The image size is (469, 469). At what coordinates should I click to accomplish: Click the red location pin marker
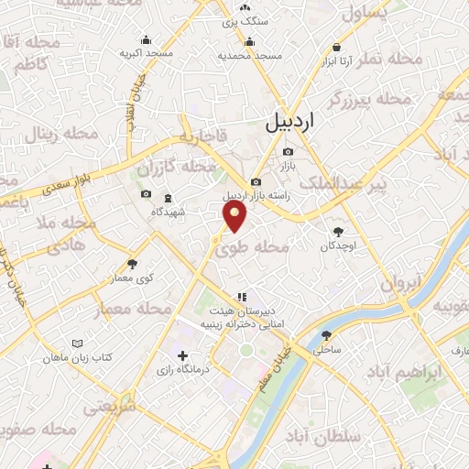tap(236, 217)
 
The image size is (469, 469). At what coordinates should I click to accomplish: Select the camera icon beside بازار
tap(289, 151)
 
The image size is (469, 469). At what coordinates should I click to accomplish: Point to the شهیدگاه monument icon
tap(167, 199)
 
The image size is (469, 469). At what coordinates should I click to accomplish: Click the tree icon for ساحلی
tap(327, 335)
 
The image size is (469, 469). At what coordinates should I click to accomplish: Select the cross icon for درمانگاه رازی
tap(181, 355)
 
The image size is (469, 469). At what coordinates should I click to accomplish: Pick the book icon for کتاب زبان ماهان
tap(76, 344)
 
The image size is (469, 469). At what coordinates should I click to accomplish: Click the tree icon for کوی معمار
tap(133, 264)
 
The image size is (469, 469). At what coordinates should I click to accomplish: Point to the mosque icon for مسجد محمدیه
tap(249, 41)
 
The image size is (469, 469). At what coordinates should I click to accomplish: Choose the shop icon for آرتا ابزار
tap(338, 47)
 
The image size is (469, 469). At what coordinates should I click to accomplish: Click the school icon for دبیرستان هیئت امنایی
tap(241, 297)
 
